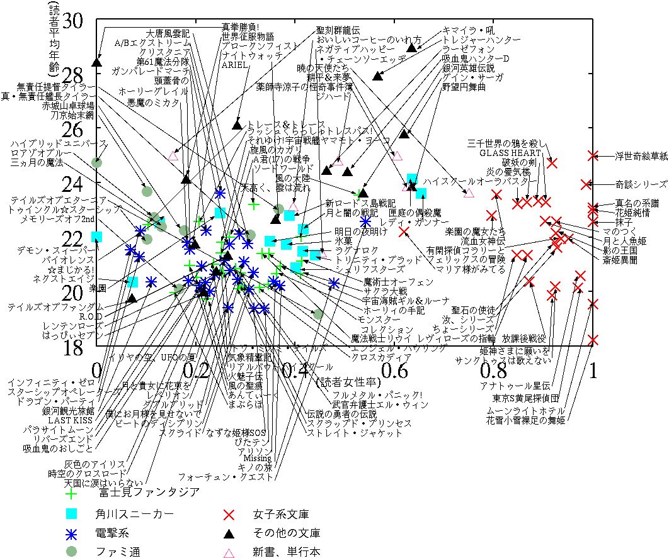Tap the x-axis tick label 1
[x=592, y=372]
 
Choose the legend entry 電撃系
[x=113, y=534]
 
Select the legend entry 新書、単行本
[x=287, y=553]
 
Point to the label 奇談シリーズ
[x=641, y=184]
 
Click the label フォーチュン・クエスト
[x=226, y=477]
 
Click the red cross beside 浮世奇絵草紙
[x=592, y=155]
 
